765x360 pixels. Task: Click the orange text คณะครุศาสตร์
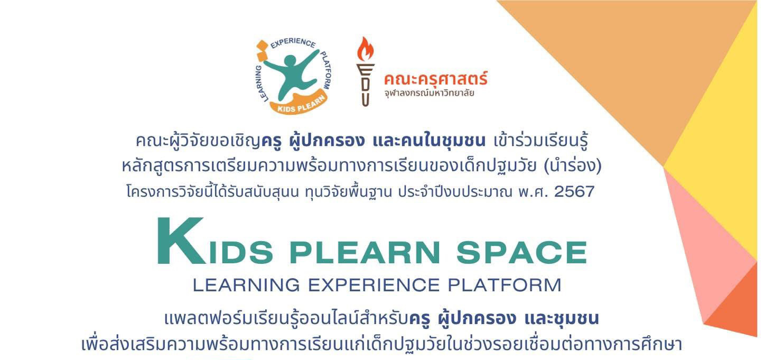click(x=435, y=79)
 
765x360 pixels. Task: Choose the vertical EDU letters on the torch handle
click(x=365, y=85)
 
